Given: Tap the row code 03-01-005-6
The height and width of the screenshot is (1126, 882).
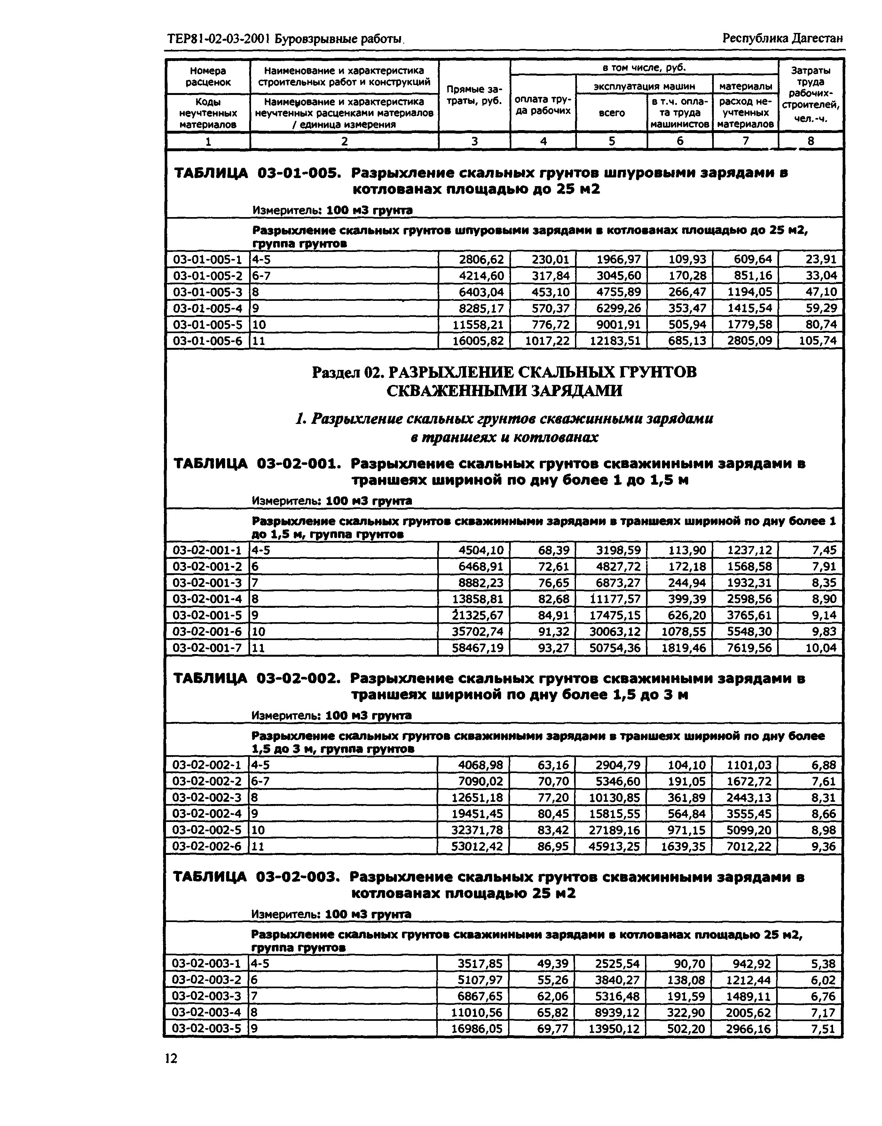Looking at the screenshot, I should pyautogui.click(x=207, y=341).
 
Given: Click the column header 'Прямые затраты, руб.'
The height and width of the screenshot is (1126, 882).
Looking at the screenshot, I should pyautogui.click(x=474, y=96).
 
